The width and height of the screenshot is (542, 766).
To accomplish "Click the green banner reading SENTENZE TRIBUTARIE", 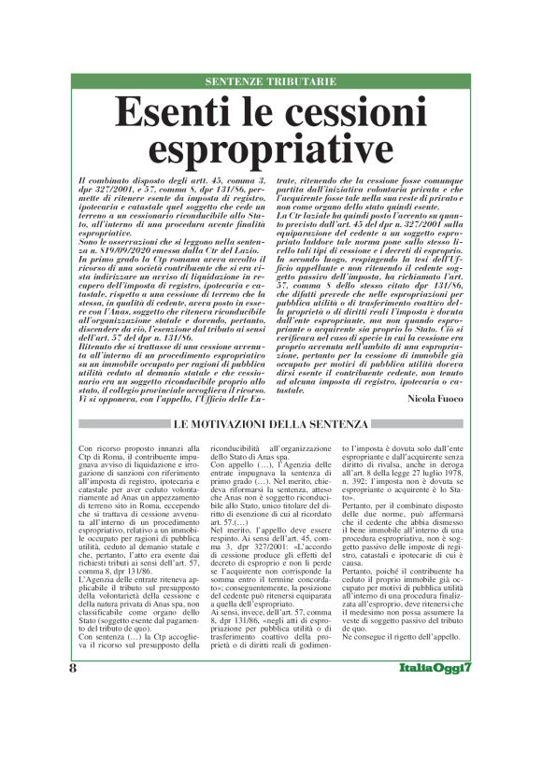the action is pyautogui.click(x=270, y=82).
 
